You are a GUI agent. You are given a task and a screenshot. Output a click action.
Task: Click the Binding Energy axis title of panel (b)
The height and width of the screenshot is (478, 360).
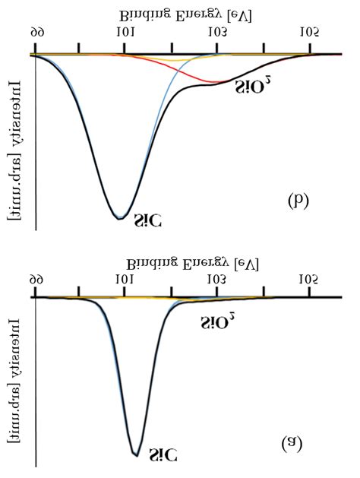tap(185, 14)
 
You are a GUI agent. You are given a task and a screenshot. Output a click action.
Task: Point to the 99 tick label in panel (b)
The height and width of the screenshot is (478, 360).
tap(36, 32)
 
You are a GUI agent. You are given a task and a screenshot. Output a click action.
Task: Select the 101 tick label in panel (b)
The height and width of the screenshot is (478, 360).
tap(124, 32)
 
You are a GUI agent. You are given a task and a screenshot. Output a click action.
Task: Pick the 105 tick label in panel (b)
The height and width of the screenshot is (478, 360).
tap(308, 32)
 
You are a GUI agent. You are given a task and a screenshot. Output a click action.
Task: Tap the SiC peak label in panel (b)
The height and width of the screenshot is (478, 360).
tap(147, 221)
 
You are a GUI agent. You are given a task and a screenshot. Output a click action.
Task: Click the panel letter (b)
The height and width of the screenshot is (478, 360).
tap(298, 201)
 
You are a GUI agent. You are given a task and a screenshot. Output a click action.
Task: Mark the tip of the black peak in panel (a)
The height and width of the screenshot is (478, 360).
tap(136, 455)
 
